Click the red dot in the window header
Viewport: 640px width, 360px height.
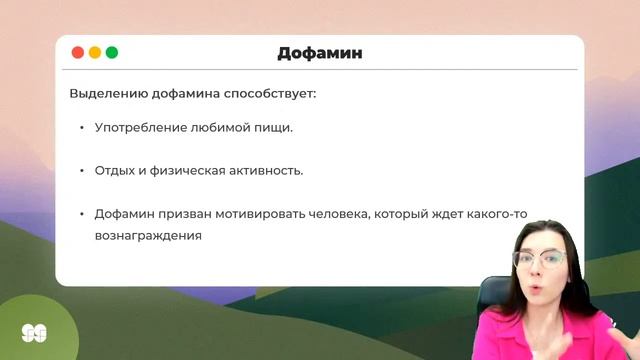pyautogui.click(x=77, y=52)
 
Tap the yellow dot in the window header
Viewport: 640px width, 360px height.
pyautogui.click(x=94, y=52)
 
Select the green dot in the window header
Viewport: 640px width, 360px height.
pyautogui.click(x=111, y=52)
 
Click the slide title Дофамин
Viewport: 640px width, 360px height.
pyautogui.click(x=319, y=53)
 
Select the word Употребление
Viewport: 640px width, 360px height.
pyautogui.click(x=143, y=129)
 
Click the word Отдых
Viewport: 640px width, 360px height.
pyautogui.click(x=115, y=171)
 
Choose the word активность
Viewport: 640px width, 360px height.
pyautogui.click(x=268, y=171)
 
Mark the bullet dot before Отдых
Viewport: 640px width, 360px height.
pyautogui.click(x=81, y=171)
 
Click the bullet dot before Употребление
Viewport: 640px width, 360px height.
pyautogui.click(x=81, y=129)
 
